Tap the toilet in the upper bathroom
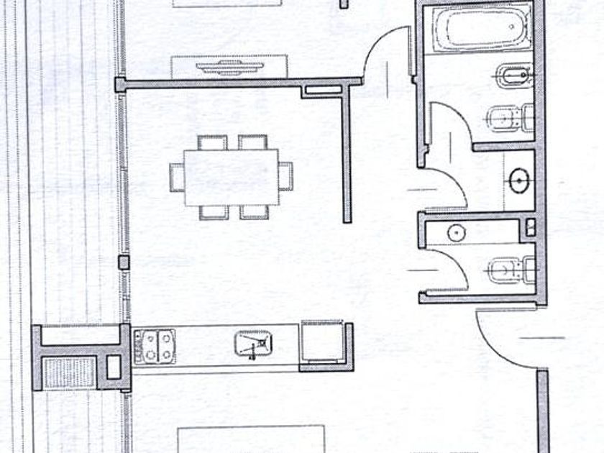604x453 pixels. coord(512,116)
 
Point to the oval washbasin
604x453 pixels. coord(520,180)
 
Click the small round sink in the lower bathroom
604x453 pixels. coord(454,232)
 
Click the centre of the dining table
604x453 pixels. coord(231,177)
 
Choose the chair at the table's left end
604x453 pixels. coord(177,177)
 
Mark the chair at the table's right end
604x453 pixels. coord(285,176)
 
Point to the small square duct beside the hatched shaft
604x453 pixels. coord(114,367)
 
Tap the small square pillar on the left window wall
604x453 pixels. coord(124,262)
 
